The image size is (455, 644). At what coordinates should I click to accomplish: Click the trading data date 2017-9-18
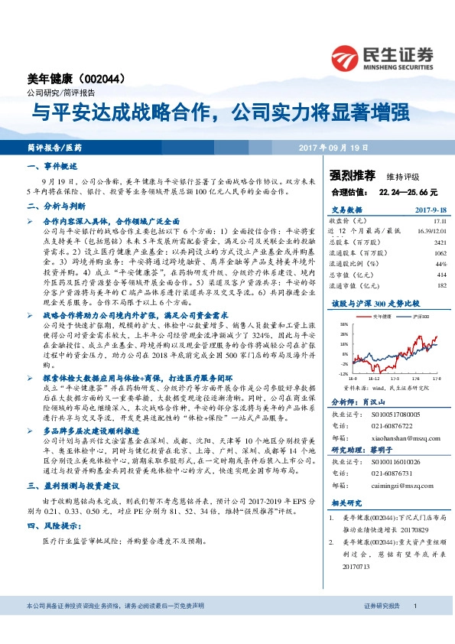click(430, 208)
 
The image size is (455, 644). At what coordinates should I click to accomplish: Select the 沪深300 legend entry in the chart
click(418, 315)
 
